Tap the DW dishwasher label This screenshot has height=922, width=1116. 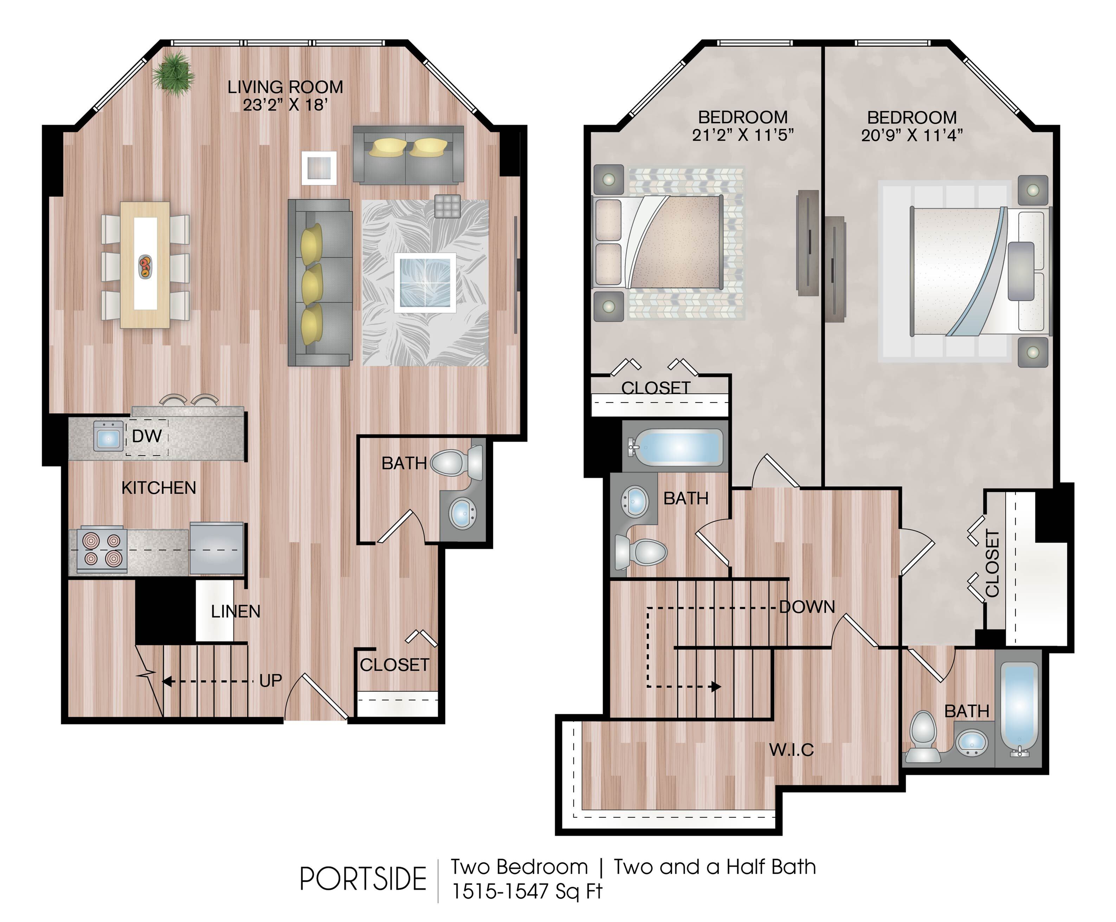tap(147, 436)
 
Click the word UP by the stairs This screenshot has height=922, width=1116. tap(271, 680)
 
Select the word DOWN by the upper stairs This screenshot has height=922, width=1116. tap(807, 607)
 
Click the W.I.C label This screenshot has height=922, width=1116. tap(791, 750)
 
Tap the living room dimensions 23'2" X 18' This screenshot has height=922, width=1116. tap(285, 105)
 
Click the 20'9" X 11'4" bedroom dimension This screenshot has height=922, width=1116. tap(912, 136)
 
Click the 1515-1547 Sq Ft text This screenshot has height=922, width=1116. tap(527, 891)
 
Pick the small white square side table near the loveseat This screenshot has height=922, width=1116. tap(319, 168)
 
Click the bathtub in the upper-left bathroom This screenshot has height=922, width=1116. tap(675, 447)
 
